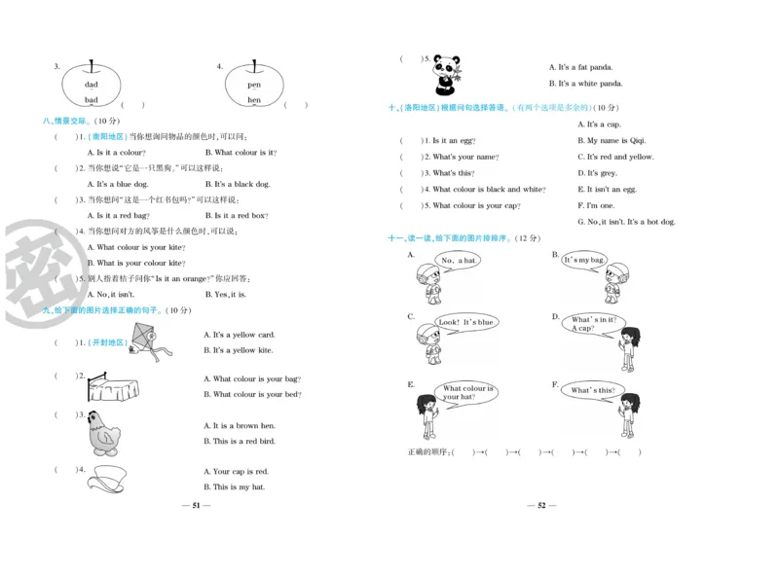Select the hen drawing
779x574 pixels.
(104, 432)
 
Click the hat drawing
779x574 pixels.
(112, 478)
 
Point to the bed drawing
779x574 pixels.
(111, 387)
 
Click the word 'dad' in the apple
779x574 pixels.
(91, 85)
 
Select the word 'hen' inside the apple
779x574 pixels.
(254, 100)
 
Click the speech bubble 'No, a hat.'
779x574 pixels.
(458, 260)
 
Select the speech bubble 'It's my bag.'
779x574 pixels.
(584, 260)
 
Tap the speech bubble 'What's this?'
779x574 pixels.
(593, 390)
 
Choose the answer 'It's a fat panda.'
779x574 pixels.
(585, 67)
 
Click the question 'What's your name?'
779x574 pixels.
(464, 157)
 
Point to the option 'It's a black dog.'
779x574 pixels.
(241, 184)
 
